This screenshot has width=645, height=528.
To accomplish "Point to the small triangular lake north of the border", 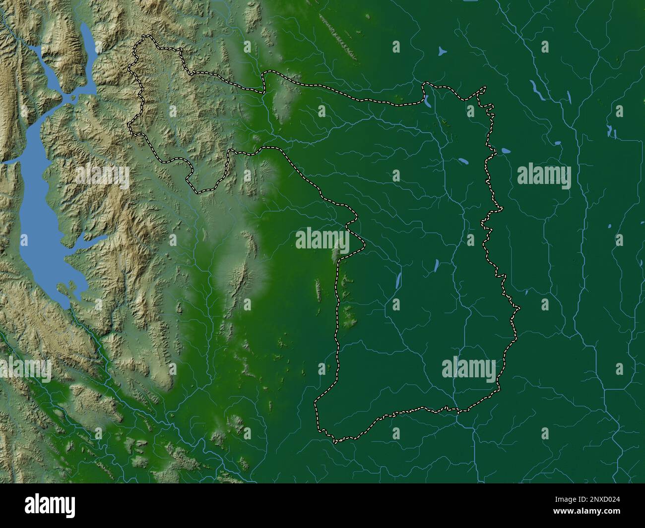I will [x=442, y=51].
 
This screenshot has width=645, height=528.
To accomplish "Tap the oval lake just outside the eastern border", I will [x=506, y=150].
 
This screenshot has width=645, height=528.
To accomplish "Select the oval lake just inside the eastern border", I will [x=463, y=161].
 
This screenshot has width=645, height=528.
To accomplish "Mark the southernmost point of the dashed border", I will [x=335, y=442].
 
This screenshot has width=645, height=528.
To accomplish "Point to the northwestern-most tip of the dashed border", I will [x=145, y=36].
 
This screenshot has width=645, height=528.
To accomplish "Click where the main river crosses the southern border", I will [x=457, y=411].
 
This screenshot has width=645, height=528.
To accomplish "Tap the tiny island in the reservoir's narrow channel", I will [x=73, y=97].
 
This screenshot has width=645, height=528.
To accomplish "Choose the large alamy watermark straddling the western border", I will [x=322, y=239].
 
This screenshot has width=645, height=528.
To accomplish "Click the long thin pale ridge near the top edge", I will [x=339, y=37].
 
